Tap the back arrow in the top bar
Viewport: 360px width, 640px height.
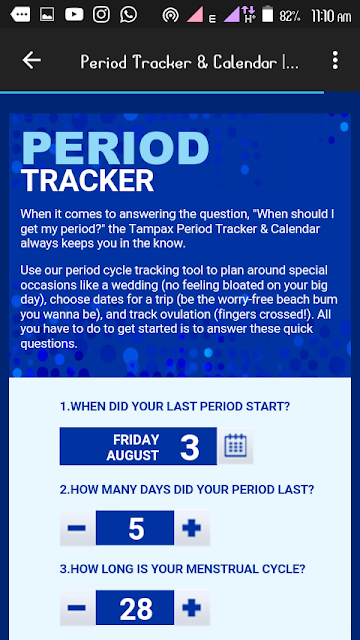(31, 60)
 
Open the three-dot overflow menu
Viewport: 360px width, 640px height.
(335, 60)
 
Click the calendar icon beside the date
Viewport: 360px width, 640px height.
(236, 445)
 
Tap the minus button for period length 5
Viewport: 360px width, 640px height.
(77, 528)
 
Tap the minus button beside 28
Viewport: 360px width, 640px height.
(77, 608)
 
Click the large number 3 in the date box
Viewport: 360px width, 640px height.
(190, 447)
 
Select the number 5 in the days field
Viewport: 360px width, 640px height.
(136, 529)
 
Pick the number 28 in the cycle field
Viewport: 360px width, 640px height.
(136, 609)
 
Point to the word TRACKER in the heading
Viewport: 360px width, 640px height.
(87, 180)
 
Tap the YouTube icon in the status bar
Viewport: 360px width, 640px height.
(74, 15)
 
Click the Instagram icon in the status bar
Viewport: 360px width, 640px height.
(101, 15)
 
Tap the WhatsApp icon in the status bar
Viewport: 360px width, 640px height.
(129, 15)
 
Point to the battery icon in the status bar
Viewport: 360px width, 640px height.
(267, 13)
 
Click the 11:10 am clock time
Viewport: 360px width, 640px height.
(331, 16)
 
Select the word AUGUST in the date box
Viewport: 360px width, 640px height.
(133, 455)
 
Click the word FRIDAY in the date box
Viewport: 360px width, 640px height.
(136, 440)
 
